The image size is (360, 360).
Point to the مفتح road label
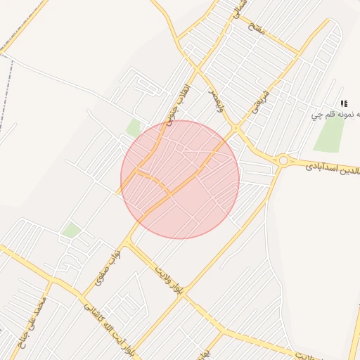pyautogui.click(x=256, y=28)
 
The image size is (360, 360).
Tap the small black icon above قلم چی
pyautogui.click(x=344, y=103)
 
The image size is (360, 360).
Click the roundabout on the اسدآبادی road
pyautogui.click(x=283, y=160)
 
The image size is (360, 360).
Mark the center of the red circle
pyautogui.click(x=180, y=179)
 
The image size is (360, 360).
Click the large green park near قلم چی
pyautogui.click(x=329, y=134)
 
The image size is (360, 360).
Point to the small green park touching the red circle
pyautogui.click(x=134, y=127)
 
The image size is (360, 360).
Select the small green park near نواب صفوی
pyautogui.click(x=70, y=230)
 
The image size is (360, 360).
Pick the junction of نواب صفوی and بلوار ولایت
pyautogui.click(x=127, y=242)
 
